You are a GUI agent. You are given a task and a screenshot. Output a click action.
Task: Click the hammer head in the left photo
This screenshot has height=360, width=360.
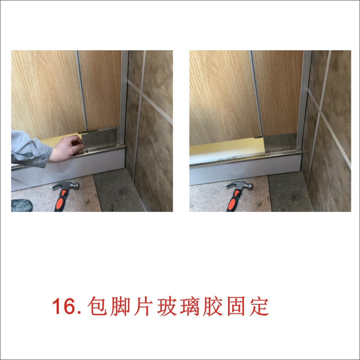click(66, 185)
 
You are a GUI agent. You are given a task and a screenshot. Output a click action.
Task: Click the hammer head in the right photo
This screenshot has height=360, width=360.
click(240, 185)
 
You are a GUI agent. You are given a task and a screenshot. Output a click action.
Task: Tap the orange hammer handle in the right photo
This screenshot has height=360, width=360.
click(234, 201)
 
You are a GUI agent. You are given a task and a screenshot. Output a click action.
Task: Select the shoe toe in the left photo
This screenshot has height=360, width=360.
click(21, 205)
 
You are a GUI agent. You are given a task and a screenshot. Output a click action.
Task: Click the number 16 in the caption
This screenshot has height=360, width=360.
click(64, 306)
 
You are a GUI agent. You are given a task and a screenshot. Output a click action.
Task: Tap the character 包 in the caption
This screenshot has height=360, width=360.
click(97, 306)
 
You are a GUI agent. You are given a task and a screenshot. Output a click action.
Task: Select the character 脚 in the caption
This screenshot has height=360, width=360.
click(120, 306)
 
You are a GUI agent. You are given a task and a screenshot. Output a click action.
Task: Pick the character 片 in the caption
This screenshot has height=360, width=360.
click(143, 306)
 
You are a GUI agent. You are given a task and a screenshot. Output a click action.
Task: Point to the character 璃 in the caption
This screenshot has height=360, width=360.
click(190, 306)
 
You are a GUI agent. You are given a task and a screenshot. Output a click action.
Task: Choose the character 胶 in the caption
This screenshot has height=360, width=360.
click(213, 306)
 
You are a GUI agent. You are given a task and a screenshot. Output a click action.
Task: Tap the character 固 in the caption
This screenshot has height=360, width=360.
click(236, 306)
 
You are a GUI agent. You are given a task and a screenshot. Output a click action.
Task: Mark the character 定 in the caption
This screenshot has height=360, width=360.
click(259, 306)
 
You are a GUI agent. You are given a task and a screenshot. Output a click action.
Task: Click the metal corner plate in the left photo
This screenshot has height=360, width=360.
click(100, 140)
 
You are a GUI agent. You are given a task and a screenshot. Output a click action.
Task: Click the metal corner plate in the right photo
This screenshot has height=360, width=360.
click(281, 143)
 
